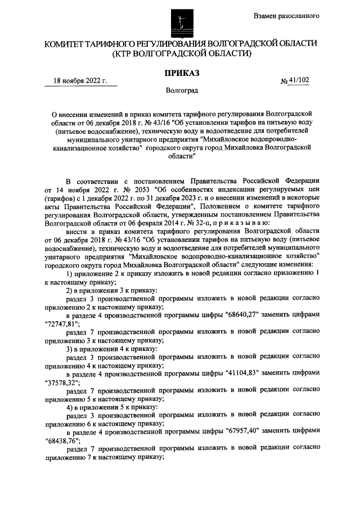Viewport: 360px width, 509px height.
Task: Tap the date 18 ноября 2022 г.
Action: coord(80,81)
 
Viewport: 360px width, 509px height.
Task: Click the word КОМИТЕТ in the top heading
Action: coord(70,43)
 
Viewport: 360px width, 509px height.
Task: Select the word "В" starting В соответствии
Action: coord(69,181)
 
